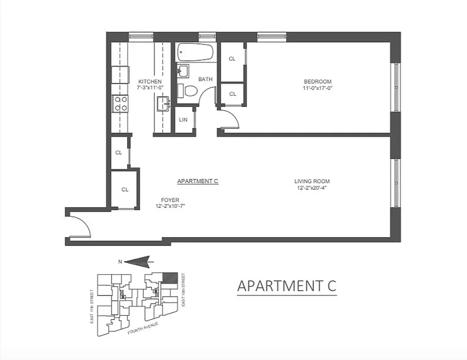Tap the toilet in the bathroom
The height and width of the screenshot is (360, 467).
pos(189,90)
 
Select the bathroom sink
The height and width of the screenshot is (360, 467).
pos(183,71)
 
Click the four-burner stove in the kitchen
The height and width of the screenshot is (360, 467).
pos(120,103)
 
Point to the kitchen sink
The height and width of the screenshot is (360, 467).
pos(163,104)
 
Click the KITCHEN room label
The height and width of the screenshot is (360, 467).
pos(150,81)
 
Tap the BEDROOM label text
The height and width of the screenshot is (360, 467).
pos(317,81)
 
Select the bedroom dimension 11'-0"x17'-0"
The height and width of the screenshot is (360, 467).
pos(317,88)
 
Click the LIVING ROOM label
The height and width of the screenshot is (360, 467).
pos(310,182)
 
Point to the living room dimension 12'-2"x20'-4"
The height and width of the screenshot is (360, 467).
pos(311,188)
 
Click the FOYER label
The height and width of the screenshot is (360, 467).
pos(170,200)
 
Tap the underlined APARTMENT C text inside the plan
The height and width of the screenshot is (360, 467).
pos(198,181)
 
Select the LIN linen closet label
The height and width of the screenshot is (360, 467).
pos(183,120)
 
